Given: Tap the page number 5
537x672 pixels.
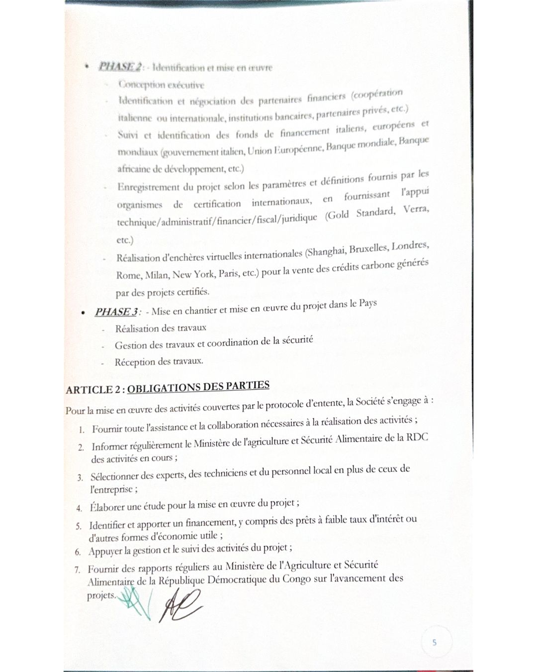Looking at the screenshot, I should [434, 642].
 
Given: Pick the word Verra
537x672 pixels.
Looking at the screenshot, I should [416, 210].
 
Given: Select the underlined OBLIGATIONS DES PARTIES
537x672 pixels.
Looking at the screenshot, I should [198, 387].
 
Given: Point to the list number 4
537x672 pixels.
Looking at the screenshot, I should [79, 508].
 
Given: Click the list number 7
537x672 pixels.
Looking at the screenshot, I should [77, 569].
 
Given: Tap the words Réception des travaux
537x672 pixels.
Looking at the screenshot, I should [159, 362].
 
